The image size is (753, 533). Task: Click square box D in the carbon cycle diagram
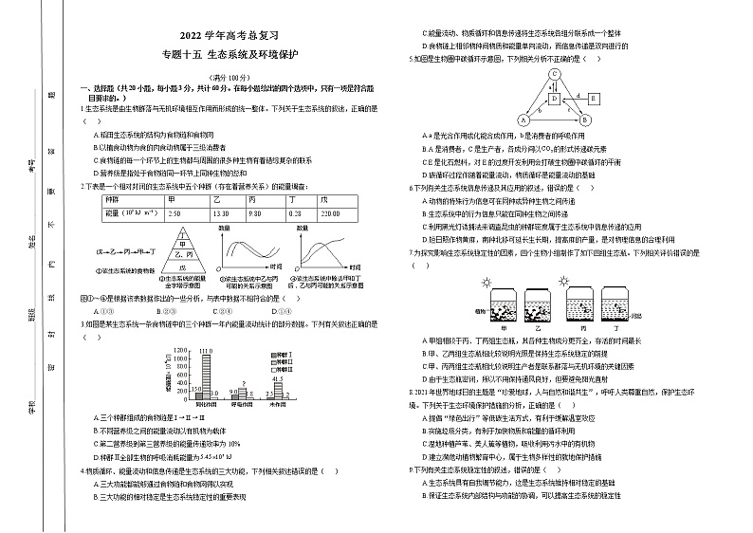[x=554, y=98]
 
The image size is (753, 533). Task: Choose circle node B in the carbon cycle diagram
[x=585, y=120]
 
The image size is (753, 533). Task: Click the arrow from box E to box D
[x=575, y=98]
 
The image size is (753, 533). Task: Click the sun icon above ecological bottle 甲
[x=487, y=282]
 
